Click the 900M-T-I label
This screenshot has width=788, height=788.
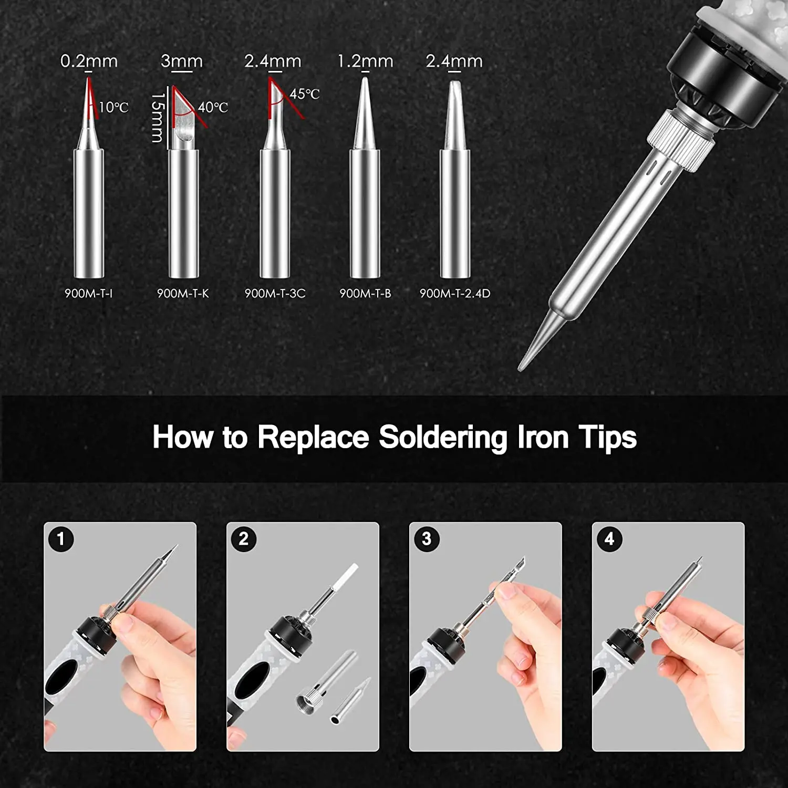pyautogui.click(x=88, y=294)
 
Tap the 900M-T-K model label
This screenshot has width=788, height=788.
pyautogui.click(x=183, y=294)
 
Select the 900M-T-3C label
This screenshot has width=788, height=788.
pyautogui.click(x=275, y=294)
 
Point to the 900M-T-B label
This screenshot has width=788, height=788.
pyautogui.click(x=365, y=294)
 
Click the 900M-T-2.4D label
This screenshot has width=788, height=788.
pyautogui.click(x=455, y=294)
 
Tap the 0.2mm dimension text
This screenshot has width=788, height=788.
pyautogui.click(x=89, y=61)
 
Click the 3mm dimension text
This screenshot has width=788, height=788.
pyautogui.click(x=182, y=61)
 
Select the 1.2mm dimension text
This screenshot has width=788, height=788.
pyautogui.click(x=365, y=61)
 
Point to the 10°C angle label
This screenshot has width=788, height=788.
pyautogui.click(x=113, y=108)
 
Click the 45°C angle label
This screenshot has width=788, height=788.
pyautogui.click(x=305, y=94)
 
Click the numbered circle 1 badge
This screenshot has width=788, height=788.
pyautogui.click(x=61, y=538)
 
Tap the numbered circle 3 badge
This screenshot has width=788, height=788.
pyautogui.click(x=427, y=538)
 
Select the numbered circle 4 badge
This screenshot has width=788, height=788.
pyautogui.click(x=609, y=538)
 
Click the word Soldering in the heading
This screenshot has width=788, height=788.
pyautogui.click(x=443, y=438)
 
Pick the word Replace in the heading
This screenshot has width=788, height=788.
pyautogui.click(x=313, y=438)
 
